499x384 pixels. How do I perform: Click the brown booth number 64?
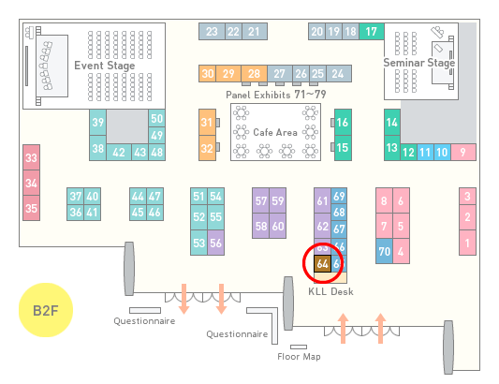(322, 263)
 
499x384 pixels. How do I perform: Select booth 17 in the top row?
(372, 32)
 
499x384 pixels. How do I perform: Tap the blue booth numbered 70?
(384, 251)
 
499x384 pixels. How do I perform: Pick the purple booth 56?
(215, 243)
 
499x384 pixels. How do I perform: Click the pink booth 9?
(463, 153)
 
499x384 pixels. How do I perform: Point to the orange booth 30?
(208, 74)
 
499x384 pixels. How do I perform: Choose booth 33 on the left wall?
(31, 157)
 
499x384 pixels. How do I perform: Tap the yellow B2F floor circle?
(46, 310)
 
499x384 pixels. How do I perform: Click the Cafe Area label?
(275, 132)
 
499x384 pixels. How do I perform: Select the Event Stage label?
(105, 66)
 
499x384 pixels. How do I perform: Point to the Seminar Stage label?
(419, 63)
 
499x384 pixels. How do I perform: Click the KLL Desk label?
(330, 291)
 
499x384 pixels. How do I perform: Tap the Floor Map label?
(299, 356)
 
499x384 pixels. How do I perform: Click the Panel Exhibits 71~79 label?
(276, 95)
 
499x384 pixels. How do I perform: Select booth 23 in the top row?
(212, 32)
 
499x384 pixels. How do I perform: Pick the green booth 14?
(392, 123)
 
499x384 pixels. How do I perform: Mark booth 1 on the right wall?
(467, 243)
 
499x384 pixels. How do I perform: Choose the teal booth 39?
(97, 123)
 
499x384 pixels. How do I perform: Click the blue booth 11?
(425, 153)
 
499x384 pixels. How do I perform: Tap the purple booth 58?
(261, 226)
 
